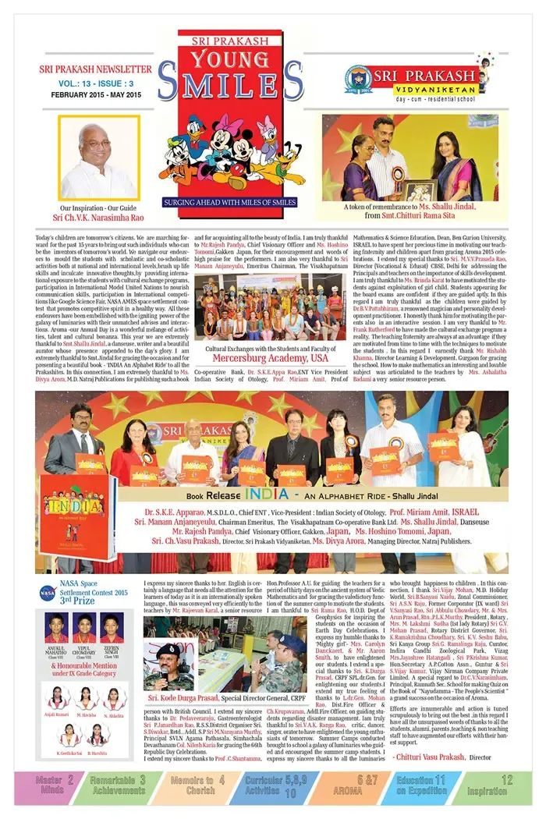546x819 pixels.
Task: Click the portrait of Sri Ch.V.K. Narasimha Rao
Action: point(98,158)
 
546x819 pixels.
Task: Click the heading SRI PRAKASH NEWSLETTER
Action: point(95,69)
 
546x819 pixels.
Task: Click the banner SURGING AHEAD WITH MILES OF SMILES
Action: point(230,202)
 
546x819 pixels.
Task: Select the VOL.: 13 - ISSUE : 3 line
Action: point(94,82)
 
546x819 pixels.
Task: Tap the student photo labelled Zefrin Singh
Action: point(112,627)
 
